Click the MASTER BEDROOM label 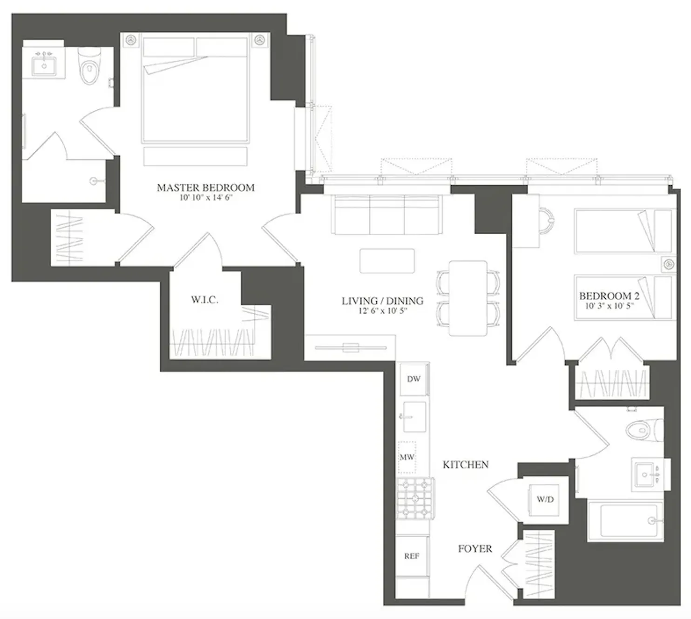coord(205,188)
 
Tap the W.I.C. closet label coord(204,300)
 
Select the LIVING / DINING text coord(382,301)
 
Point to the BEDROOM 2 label coord(609,296)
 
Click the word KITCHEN coord(465,464)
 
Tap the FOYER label coord(474,549)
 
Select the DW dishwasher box coord(413,379)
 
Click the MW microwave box coord(406,457)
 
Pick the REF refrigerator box coord(412,556)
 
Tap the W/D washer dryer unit coord(545,499)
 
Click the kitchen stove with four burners coord(415,499)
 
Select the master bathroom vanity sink coord(44,66)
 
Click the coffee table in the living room coord(387,261)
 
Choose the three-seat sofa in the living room coord(386,214)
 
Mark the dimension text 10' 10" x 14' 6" coord(205,198)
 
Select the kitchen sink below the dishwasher coord(413,416)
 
